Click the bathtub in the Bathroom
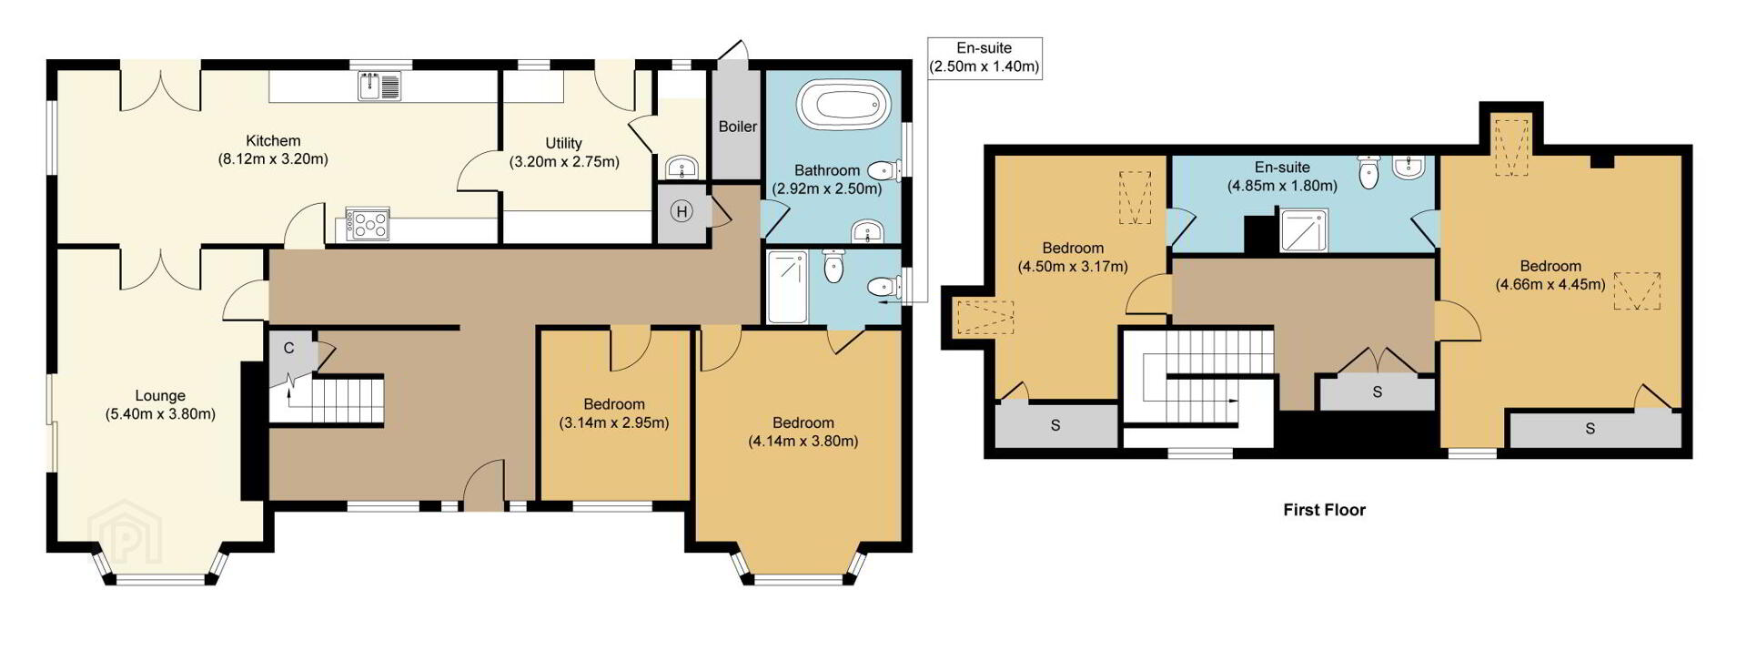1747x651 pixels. pyautogui.click(x=843, y=106)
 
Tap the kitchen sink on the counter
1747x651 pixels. pyautogui.click(x=379, y=86)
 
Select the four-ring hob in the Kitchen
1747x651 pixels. pyautogui.click(x=367, y=225)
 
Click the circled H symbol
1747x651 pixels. pyautogui.click(x=681, y=212)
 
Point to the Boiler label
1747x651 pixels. pyautogui.click(x=737, y=127)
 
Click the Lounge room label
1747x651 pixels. pyautogui.click(x=160, y=405)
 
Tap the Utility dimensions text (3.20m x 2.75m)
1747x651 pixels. pyautogui.click(x=564, y=162)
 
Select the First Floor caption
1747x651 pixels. pyautogui.click(x=1324, y=510)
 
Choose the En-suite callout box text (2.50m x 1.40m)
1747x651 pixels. pyautogui.click(x=985, y=66)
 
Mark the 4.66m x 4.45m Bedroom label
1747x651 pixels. pyautogui.click(x=1550, y=275)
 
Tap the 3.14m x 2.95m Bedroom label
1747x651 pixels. pyautogui.click(x=614, y=413)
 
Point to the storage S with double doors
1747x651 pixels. pyautogui.click(x=1378, y=392)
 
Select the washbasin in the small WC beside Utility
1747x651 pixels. pyautogui.click(x=682, y=168)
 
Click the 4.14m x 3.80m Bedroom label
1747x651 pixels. pyautogui.click(x=803, y=432)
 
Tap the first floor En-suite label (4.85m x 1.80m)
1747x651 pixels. pyautogui.click(x=1282, y=177)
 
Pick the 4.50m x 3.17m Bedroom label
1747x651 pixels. pyautogui.click(x=1073, y=257)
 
